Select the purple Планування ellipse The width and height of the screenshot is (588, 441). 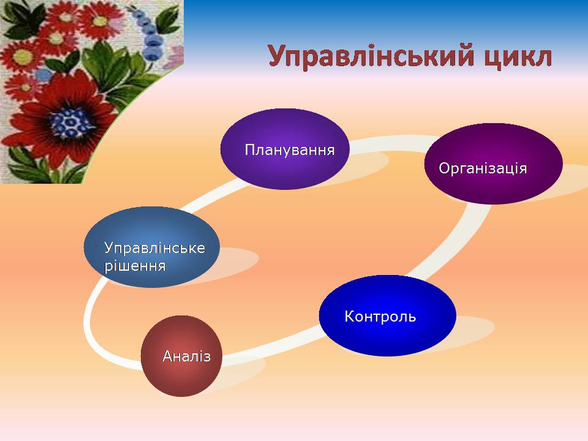[x=285, y=149]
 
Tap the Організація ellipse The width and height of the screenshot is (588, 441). [x=494, y=164]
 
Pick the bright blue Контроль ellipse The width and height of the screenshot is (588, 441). [x=388, y=315]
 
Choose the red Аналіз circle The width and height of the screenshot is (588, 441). [x=181, y=356]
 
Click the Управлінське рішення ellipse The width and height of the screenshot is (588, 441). [x=151, y=247]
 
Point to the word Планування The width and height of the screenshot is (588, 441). [x=290, y=150]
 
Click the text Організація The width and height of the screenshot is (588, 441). [x=483, y=168]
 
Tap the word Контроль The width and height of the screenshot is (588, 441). [x=380, y=317]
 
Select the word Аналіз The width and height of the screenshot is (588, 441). [x=187, y=356]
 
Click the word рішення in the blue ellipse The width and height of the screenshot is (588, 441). [x=135, y=266]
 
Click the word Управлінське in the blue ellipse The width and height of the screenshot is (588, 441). [x=154, y=248]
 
